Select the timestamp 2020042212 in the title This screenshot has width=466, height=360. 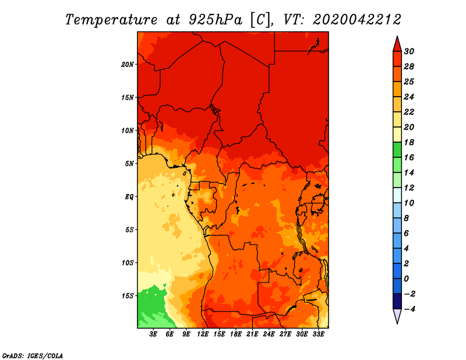pos(356,19)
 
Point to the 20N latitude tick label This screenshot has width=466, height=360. pos(128,64)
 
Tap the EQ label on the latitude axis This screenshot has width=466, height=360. pos(129,196)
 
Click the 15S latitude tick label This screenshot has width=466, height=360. pos(128,295)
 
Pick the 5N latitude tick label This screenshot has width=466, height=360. pos(129,163)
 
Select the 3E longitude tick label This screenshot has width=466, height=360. pos(154,334)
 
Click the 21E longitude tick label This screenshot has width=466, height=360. pos(252,334)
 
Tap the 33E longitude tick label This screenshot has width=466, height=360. pos(318,334)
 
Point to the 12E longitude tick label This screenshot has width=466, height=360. pos(203,334)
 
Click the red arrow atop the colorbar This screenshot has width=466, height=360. pos(397,44)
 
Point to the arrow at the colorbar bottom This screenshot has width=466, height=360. pos(397,316)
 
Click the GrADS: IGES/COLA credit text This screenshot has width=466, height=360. pos(33,355)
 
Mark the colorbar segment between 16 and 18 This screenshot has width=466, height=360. pos(397,150)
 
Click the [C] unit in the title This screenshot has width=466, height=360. pos(262,19)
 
